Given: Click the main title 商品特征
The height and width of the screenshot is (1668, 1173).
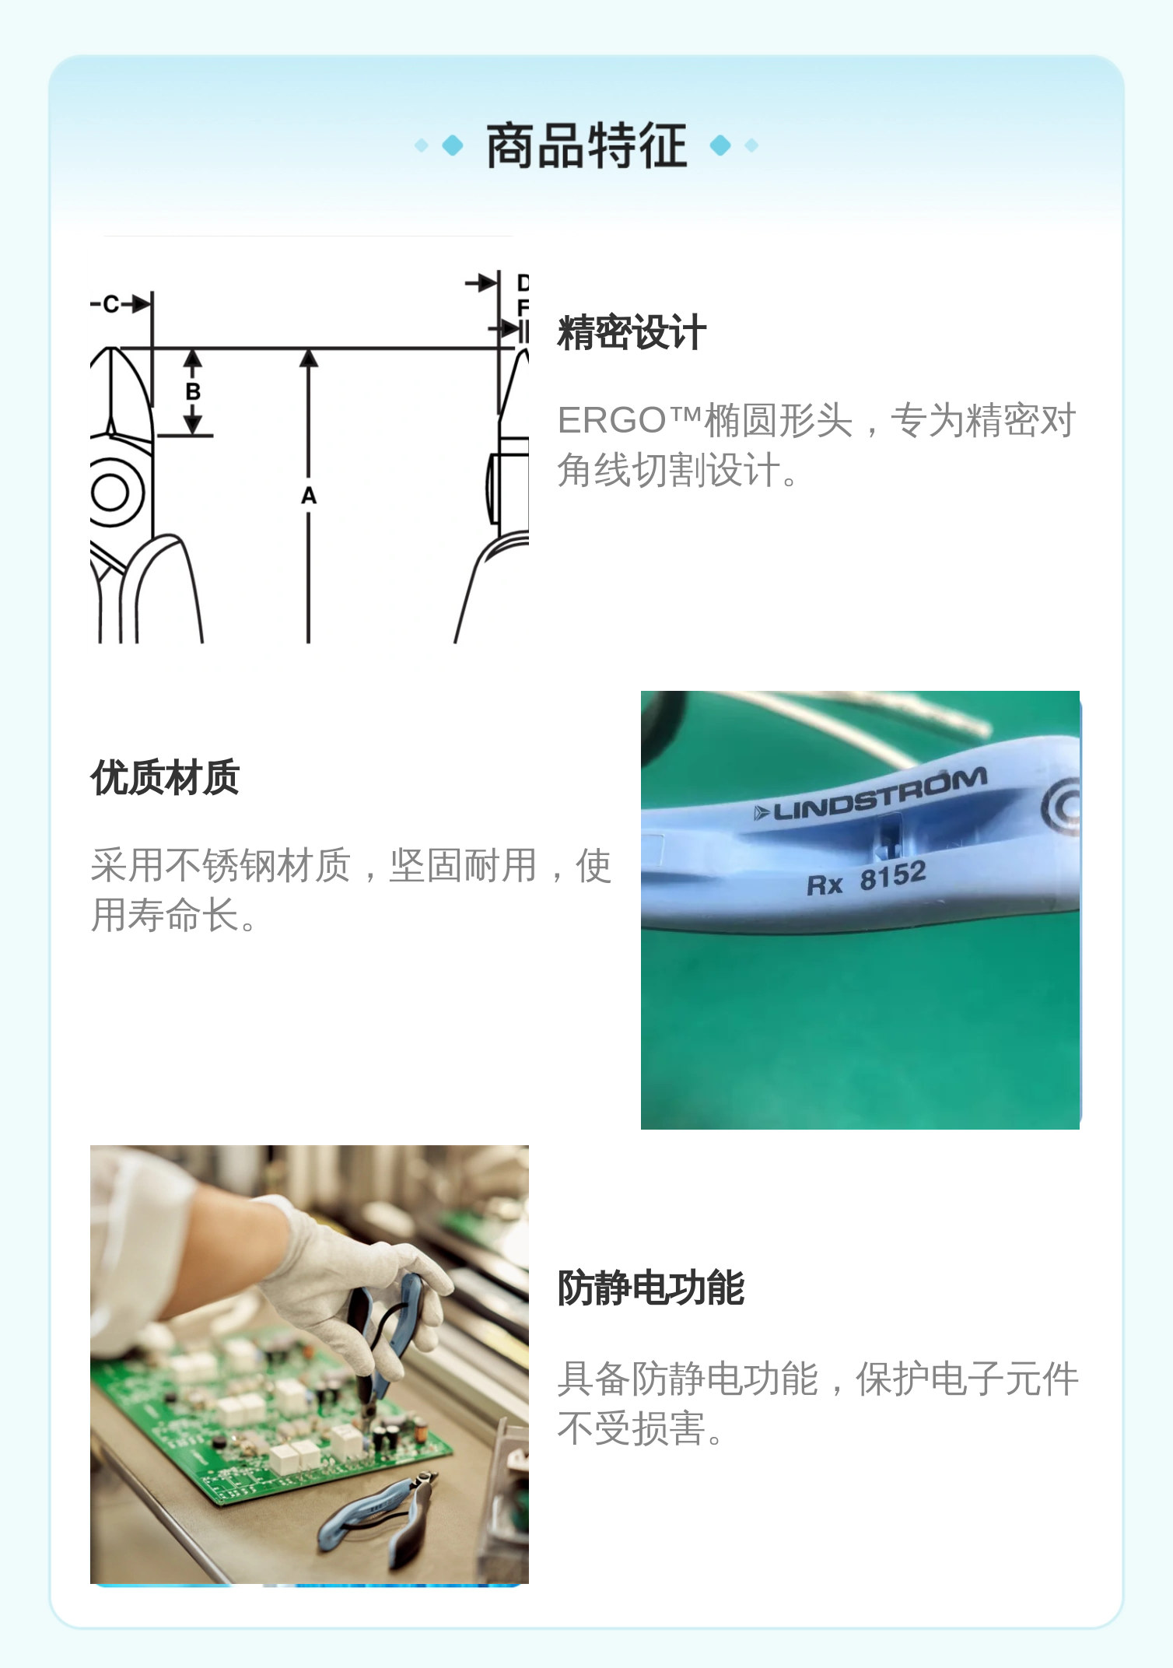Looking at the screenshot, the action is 586,145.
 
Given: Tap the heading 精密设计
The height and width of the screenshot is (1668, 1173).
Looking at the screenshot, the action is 632,333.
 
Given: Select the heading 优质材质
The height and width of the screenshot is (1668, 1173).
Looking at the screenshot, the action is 165,778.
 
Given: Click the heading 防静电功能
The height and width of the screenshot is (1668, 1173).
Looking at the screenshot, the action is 651,1288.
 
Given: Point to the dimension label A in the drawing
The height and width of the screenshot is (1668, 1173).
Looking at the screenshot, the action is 309,496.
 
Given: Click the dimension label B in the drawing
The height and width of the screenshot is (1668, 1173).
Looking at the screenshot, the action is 193,391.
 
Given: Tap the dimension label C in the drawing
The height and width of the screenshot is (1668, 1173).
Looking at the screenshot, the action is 110,304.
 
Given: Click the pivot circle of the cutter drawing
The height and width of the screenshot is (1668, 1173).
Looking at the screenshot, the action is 111,492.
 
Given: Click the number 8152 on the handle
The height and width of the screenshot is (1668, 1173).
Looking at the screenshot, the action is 893,876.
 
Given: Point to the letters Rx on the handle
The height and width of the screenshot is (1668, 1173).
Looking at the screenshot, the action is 825,885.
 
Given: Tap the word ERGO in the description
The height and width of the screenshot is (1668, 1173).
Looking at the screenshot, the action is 611,421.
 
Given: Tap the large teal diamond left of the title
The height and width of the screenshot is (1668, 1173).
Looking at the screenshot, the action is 453,145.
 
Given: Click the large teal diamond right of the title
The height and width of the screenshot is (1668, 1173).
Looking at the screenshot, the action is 721,145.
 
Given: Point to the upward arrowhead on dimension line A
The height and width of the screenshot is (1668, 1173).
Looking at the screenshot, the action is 309,358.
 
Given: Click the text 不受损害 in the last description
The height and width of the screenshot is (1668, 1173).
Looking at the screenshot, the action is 632,1429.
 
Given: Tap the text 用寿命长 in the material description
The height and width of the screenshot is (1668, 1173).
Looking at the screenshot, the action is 165,915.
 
